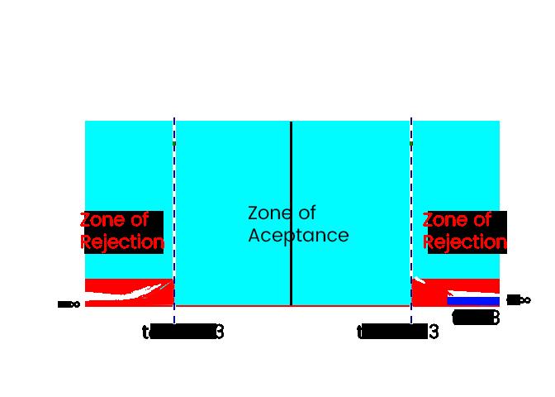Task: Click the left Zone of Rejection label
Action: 122,232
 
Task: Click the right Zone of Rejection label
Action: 465,232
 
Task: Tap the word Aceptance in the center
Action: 298,236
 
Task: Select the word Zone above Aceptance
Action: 270,213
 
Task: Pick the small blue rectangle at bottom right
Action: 473,301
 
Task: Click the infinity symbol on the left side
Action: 69,304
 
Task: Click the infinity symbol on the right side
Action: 519,300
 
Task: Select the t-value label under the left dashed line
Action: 183,332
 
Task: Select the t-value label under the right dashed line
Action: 397,332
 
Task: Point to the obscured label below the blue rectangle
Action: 477,318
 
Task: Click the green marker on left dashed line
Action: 173,145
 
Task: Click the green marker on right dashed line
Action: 411,145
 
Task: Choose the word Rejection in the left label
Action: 122,242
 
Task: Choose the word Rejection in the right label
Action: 465,242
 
